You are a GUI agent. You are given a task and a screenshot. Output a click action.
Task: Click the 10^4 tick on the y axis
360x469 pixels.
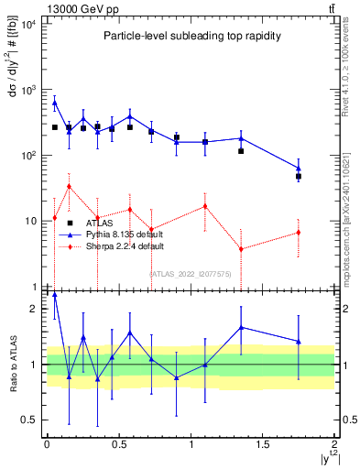tap(28, 24)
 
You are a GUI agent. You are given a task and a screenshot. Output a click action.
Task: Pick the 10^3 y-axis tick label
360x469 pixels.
tap(28, 90)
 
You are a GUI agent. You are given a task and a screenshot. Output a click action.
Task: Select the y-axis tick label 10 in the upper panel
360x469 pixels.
tap(30, 221)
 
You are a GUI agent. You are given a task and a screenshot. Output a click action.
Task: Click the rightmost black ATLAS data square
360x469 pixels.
tap(299, 176)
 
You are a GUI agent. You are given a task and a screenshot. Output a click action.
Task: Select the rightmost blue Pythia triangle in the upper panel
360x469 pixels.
tap(299, 169)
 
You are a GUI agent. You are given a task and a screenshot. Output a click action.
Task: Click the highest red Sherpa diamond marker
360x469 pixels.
tap(69, 186)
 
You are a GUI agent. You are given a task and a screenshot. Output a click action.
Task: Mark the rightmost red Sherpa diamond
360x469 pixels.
tap(299, 233)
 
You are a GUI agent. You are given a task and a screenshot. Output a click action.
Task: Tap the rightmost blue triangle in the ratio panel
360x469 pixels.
tap(299, 342)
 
